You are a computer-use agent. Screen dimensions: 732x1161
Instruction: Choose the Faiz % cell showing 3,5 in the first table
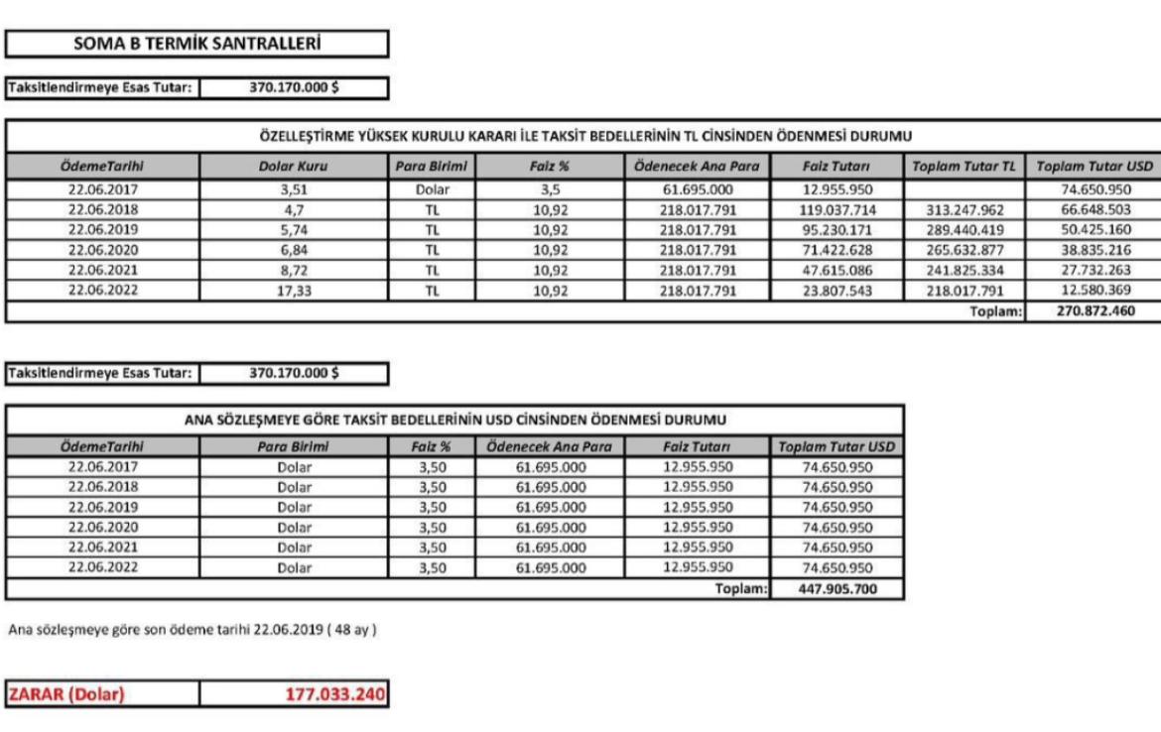point(550,185)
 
